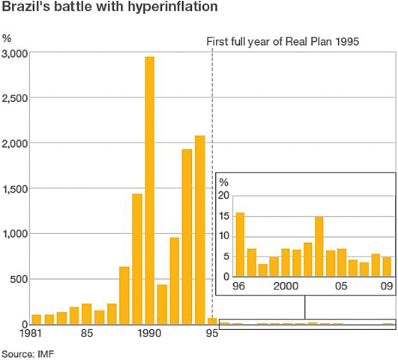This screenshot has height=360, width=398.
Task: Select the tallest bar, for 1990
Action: click(149, 190)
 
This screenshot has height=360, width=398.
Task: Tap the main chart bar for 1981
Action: click(37, 319)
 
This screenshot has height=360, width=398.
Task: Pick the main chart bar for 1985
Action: click(86, 314)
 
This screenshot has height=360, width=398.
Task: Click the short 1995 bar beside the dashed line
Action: click(211, 321)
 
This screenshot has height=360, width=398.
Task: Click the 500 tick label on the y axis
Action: click(19, 279)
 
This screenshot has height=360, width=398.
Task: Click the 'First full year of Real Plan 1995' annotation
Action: click(283, 40)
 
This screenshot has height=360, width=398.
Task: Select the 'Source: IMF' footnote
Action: click(27, 352)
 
